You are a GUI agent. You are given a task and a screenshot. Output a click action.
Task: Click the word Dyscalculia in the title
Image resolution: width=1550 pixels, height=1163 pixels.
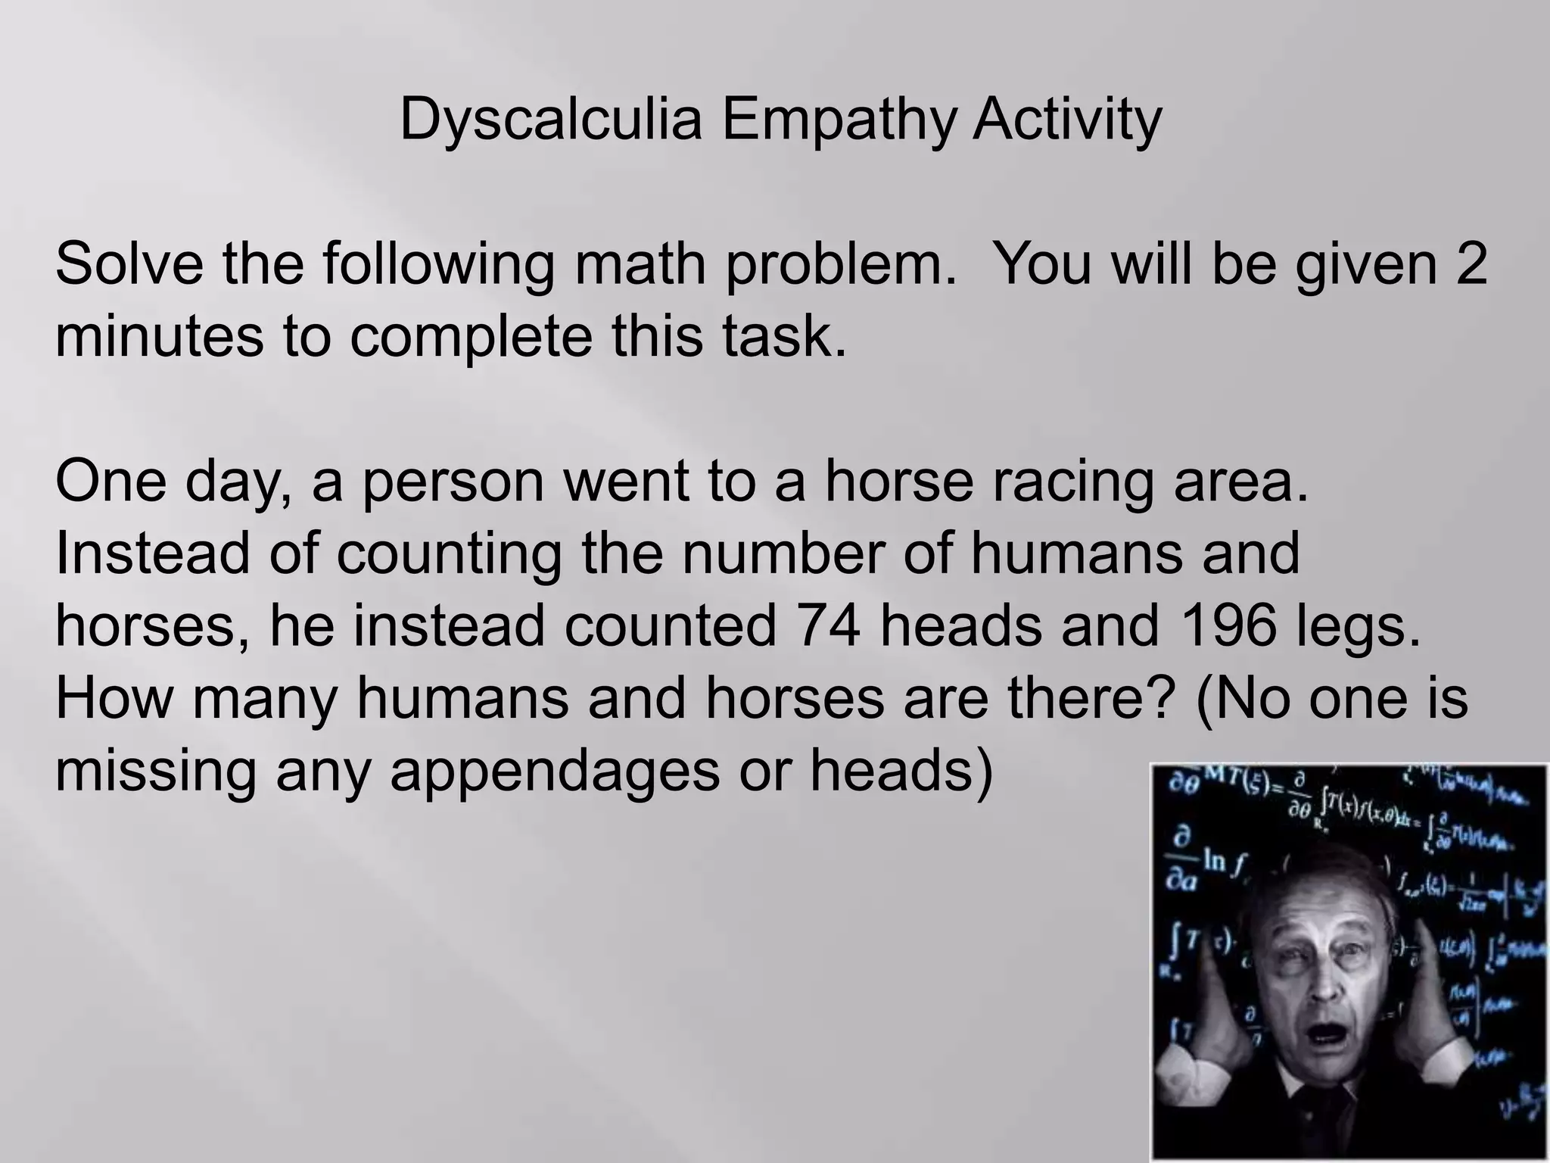point(550,120)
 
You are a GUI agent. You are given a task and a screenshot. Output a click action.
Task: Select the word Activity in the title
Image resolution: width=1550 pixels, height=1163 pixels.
point(1067,120)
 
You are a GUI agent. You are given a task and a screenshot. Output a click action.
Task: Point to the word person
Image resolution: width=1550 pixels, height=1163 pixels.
point(453,482)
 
